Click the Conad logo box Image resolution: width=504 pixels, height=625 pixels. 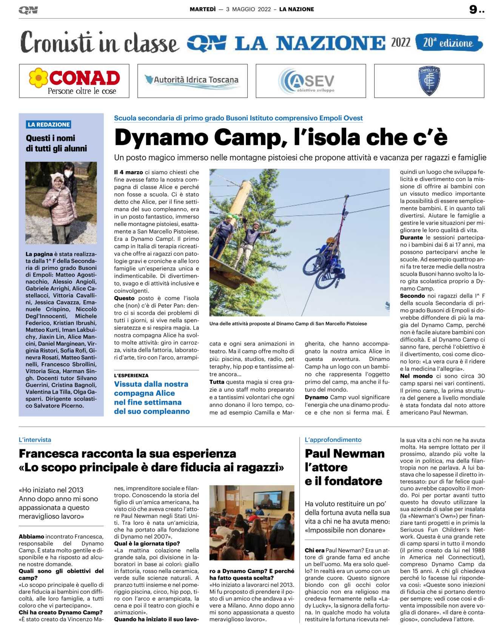[x=74, y=81]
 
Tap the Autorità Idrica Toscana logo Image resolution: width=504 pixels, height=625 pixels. [x=192, y=80]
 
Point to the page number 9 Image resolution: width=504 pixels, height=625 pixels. [x=473, y=9]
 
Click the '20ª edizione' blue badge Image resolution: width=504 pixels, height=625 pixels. [x=449, y=43]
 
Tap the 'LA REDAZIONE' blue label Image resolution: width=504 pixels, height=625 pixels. [x=49, y=124]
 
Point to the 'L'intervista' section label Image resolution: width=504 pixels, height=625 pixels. [x=35, y=440]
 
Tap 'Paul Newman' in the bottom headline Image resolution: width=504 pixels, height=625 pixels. [x=344, y=453]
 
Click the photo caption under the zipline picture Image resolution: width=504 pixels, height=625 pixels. [x=288, y=324]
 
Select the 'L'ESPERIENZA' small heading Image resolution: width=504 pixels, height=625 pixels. [x=131, y=376]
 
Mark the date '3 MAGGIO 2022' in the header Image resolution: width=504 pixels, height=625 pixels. [x=248, y=9]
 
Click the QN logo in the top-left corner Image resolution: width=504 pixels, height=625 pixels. [x=28, y=10]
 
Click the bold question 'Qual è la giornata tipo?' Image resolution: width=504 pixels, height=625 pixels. [x=147, y=544]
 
